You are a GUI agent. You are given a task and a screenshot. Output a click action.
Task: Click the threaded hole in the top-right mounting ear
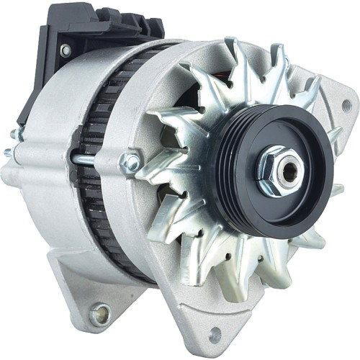346,105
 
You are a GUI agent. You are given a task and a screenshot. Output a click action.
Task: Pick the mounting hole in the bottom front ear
215,335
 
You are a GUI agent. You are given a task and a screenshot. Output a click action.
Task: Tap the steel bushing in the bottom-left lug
100,313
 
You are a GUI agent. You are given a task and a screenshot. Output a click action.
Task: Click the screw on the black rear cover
66,50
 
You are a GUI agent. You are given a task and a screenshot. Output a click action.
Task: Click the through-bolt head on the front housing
132,162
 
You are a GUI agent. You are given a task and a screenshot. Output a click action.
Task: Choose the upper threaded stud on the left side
16,135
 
